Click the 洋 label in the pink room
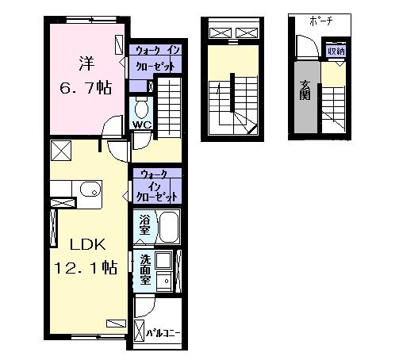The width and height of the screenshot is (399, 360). [86, 63]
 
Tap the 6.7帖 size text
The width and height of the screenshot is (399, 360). [86, 88]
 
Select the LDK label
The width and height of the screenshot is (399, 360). [88, 244]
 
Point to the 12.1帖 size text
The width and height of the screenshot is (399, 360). [86, 267]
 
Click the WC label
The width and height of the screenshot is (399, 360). [142, 124]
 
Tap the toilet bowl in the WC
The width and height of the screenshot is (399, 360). [141, 108]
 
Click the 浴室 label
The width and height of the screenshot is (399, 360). [144, 224]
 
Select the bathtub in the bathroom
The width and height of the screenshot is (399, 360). [169, 227]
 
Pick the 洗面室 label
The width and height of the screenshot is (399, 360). [145, 270]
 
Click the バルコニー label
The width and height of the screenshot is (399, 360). [163, 333]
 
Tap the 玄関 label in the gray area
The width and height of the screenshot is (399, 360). [305, 90]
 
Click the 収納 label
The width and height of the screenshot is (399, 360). [336, 51]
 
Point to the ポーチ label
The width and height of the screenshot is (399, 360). [320, 21]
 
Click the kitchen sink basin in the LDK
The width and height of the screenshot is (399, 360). [90, 190]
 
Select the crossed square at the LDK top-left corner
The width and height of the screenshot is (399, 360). [61, 151]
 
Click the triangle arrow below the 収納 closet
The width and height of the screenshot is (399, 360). [340, 64]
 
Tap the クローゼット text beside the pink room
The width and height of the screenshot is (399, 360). [155, 67]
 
